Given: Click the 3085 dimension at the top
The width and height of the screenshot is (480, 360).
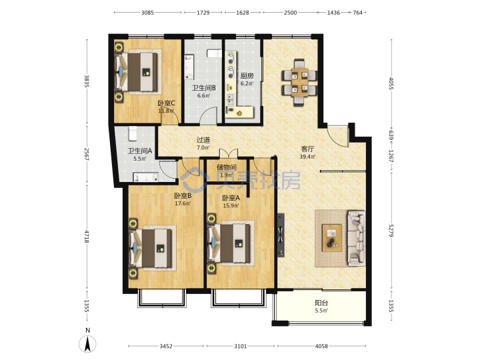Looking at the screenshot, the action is click(147, 13).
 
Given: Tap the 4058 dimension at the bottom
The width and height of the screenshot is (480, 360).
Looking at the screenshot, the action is click(321, 346).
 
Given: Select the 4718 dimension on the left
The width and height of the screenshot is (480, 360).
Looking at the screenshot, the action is click(87, 237).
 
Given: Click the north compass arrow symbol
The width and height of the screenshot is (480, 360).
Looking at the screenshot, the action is click(87, 344).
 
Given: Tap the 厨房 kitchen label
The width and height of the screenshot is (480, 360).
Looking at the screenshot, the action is click(247, 76).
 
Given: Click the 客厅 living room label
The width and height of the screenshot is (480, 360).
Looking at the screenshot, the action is click(307, 149).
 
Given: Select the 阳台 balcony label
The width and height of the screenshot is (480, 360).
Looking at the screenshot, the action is click(321, 303).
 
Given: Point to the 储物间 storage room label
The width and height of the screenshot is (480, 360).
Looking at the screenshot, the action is click(227, 167).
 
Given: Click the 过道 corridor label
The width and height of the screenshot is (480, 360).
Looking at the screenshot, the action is click(203, 140).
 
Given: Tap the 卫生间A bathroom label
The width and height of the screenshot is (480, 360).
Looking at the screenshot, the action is click(139, 151).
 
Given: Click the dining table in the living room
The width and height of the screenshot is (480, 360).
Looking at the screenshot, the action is click(300, 82).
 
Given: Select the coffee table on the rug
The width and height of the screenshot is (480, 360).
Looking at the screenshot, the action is click(332, 238).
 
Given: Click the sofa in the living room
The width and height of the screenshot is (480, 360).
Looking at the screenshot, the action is click(356, 238).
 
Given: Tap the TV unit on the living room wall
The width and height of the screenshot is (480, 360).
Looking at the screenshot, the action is click(281, 235).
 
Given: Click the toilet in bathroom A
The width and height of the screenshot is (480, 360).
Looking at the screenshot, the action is click(133, 133).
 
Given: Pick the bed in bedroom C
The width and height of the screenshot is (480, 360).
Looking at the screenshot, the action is click(137, 72).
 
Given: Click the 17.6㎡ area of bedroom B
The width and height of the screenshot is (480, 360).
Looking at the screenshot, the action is click(183, 203).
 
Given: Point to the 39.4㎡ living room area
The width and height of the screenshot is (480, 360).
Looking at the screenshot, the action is click(307, 157).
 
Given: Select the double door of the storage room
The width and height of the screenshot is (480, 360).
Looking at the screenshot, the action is click(229, 153).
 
